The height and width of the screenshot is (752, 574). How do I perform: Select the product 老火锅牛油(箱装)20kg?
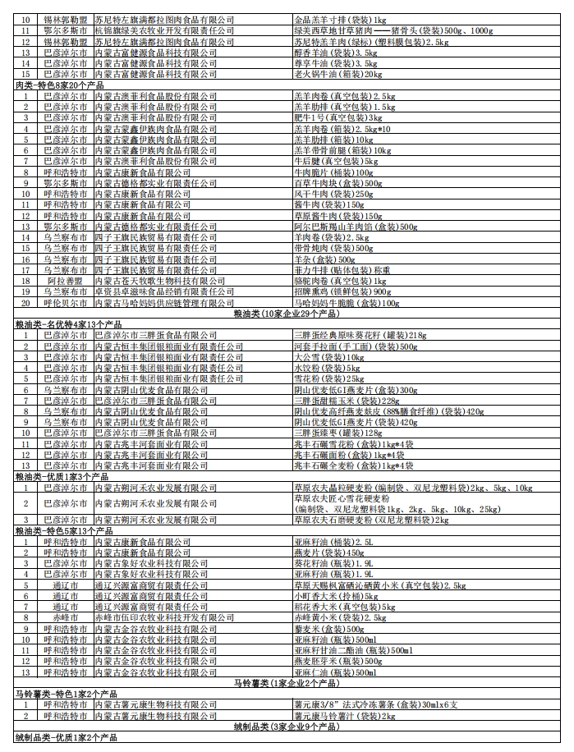click(338, 74)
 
